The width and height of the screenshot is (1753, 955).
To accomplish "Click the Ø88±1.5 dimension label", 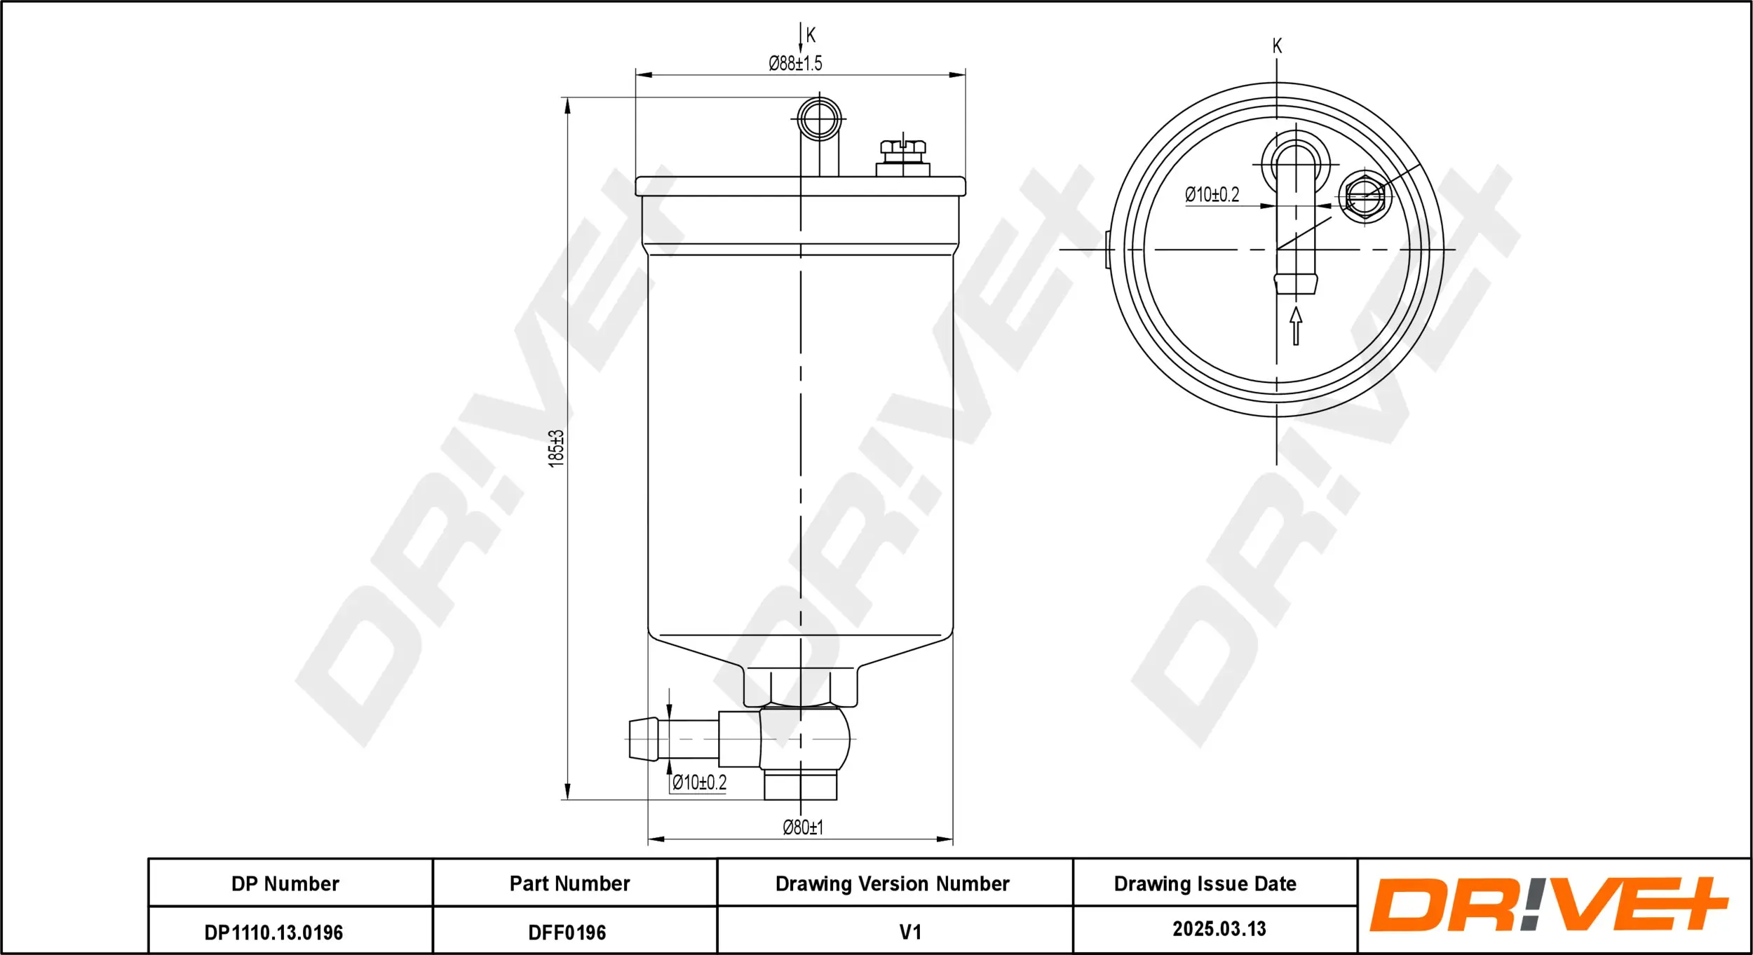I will [795, 64].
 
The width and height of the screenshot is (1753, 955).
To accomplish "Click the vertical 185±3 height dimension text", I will [556, 449].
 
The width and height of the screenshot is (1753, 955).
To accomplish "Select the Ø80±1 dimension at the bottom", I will [803, 827].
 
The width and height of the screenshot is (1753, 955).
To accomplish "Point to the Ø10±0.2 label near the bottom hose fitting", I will [699, 783].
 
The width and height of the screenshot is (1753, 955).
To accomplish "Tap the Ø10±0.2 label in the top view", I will [1212, 195].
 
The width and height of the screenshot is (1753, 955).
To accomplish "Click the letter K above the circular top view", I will [1277, 46].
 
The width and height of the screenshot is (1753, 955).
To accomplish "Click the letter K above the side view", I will [811, 35].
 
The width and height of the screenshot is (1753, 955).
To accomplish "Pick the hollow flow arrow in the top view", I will [1296, 326].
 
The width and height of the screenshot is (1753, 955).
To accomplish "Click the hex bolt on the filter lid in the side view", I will [902, 158].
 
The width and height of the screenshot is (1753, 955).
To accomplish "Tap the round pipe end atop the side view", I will [819, 119].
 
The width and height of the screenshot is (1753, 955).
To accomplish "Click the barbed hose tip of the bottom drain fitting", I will [643, 738].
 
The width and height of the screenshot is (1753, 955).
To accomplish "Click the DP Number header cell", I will [285, 883].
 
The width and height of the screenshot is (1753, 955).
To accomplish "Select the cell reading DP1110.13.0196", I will [273, 933].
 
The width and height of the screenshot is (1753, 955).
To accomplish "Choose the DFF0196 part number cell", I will [567, 933].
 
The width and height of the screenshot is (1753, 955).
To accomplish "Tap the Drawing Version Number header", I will [892, 883].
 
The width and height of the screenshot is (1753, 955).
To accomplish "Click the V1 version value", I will [909, 932].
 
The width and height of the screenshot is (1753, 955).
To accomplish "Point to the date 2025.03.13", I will [1219, 929].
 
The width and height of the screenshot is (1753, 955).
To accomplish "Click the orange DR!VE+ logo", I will [1548, 905].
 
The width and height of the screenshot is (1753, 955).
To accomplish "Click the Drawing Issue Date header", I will [1205, 883].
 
